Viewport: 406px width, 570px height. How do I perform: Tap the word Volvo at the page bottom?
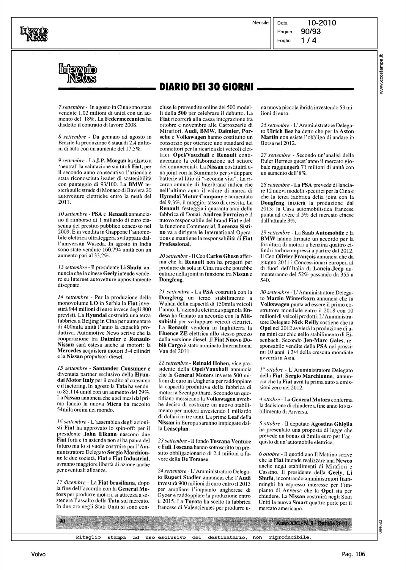tap(38, 554)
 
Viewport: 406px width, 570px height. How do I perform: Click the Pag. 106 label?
tap(353, 554)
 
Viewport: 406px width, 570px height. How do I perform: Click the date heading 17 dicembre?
tap(69, 482)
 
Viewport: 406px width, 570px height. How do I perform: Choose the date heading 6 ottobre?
tap(271, 454)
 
